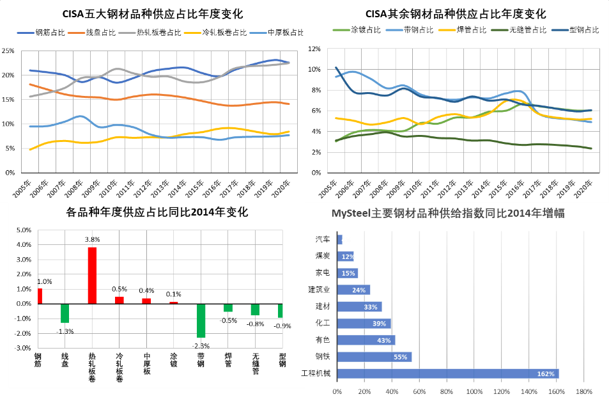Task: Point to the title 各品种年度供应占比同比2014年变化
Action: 157,212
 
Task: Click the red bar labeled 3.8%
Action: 92,276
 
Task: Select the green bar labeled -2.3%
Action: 201,320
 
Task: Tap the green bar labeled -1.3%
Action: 65,313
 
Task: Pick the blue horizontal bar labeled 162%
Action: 447,373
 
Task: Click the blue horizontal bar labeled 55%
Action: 374,357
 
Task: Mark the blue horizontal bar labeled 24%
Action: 353,290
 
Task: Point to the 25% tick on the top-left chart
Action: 8,51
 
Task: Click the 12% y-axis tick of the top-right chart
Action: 314,49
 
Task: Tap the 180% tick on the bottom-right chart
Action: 583,391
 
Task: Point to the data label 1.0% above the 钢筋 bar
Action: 44,281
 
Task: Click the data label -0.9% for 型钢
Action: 282,326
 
